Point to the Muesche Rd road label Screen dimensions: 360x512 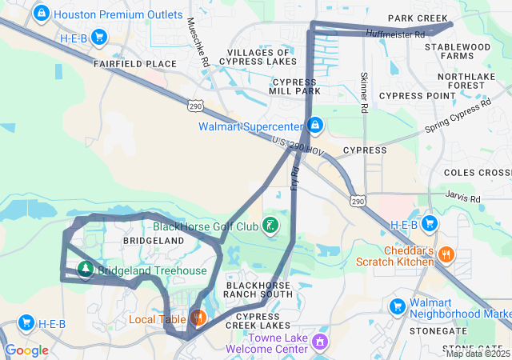(197, 42)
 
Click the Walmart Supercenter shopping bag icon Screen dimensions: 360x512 (316, 126)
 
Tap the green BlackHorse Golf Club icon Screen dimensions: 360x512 (271, 226)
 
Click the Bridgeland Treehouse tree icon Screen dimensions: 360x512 (84, 270)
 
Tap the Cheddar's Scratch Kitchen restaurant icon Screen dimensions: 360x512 (446, 255)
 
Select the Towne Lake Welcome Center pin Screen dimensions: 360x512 (320, 342)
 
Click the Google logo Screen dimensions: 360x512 (26, 350)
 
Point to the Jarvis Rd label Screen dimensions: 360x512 (464, 198)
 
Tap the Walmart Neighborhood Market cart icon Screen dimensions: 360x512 (397, 306)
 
